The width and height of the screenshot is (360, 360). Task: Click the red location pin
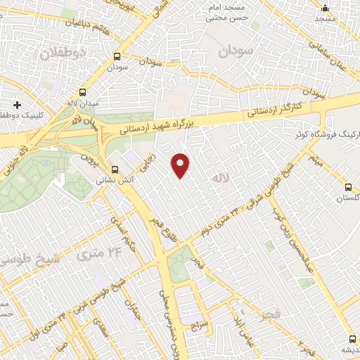point(181,165)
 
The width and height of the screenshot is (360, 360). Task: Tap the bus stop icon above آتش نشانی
point(115,169)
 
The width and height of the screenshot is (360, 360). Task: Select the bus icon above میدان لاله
point(83,92)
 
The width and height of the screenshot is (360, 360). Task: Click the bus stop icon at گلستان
point(349,187)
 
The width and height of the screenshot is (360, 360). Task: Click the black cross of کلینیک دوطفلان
point(17,104)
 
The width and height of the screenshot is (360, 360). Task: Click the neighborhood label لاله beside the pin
point(221,180)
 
